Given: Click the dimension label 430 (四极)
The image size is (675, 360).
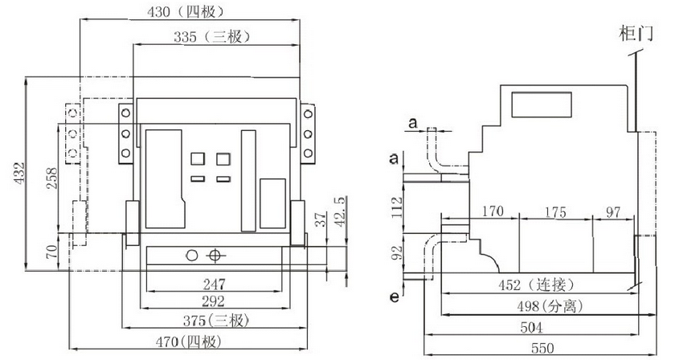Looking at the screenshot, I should click(x=184, y=11).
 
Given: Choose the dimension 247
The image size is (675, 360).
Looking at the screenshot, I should click(x=214, y=283).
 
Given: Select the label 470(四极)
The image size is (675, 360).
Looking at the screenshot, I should click(x=213, y=342).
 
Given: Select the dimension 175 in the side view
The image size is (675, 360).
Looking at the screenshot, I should click(x=554, y=213).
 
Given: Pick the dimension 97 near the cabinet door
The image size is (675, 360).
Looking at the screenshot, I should click(x=613, y=213).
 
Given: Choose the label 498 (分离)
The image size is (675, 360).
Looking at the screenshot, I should click(x=550, y=307).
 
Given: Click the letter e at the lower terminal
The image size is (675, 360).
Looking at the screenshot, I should click(x=393, y=297).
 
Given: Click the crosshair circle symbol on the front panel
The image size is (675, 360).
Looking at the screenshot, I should click(x=214, y=256).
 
